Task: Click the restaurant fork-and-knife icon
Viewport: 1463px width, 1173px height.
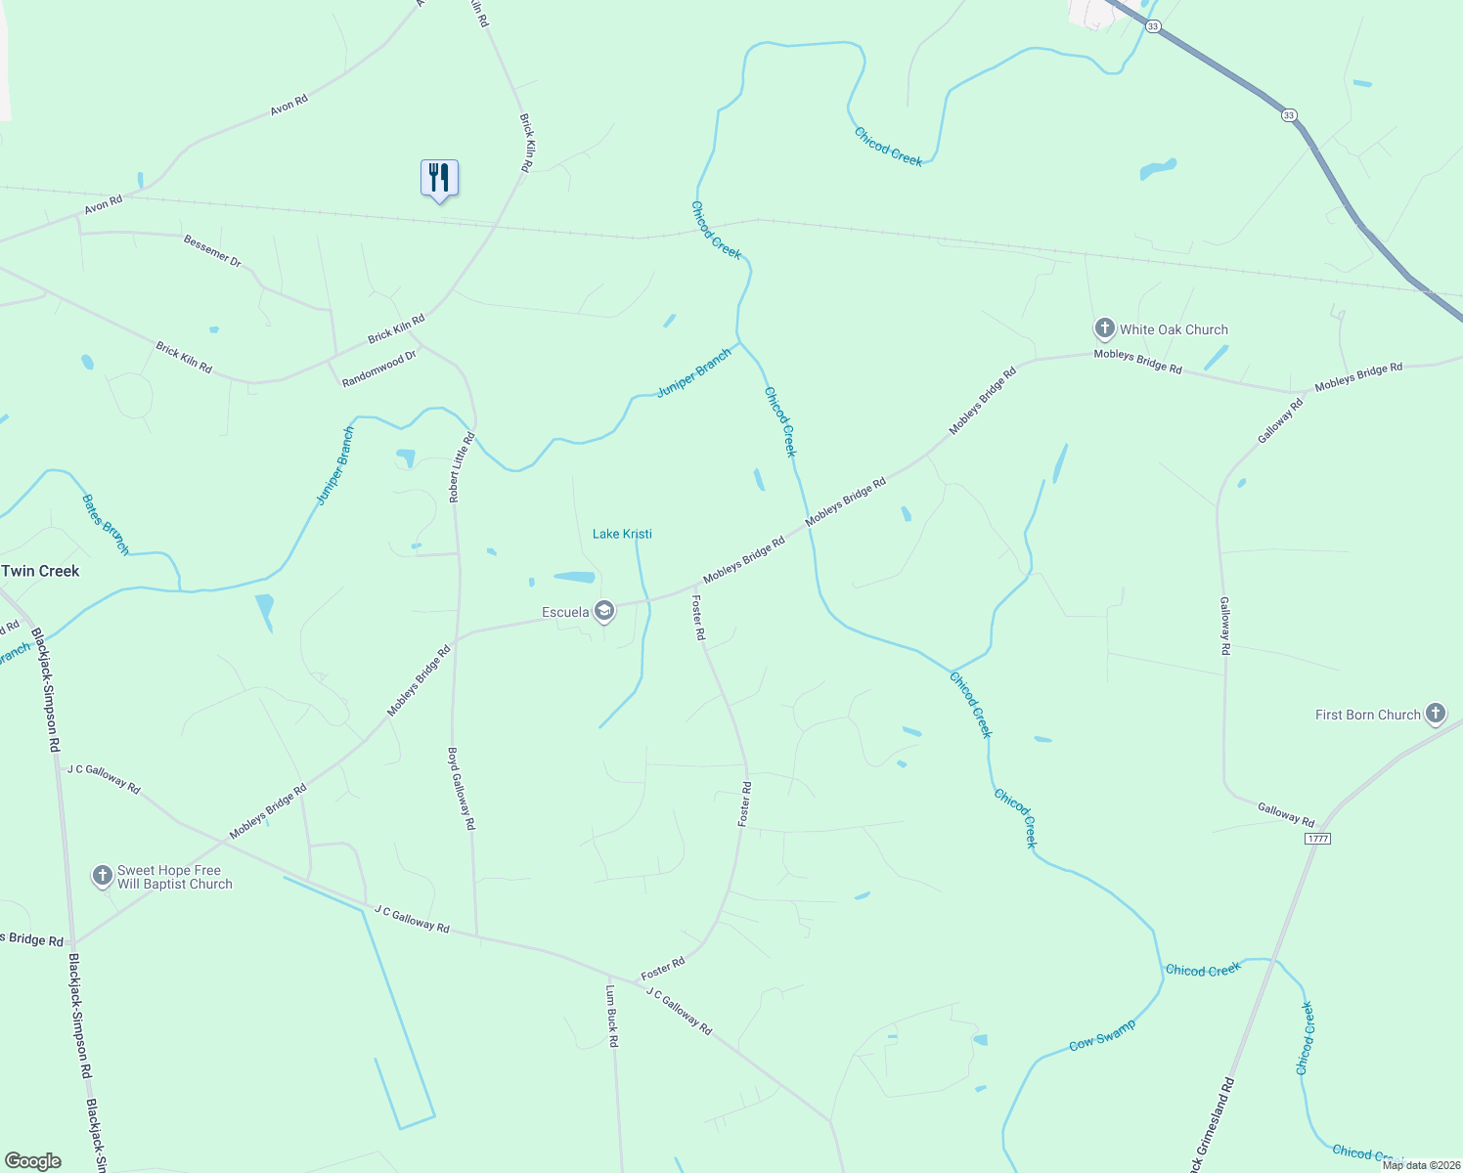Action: (x=439, y=178)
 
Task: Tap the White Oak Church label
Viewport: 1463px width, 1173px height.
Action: (x=1174, y=330)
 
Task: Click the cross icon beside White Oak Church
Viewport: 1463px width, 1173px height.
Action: (x=1104, y=328)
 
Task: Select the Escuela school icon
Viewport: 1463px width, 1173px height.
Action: (x=604, y=612)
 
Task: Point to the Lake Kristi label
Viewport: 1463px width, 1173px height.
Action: (x=622, y=534)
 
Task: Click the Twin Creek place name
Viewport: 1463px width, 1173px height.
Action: (x=40, y=571)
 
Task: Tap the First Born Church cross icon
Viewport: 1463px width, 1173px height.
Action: (x=1435, y=714)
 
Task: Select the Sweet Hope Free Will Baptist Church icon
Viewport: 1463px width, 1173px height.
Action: (x=103, y=876)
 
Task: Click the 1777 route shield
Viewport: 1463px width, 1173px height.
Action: (x=1317, y=839)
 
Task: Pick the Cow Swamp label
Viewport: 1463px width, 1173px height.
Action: (x=1102, y=1035)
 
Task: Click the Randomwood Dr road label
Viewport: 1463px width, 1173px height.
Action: (x=379, y=369)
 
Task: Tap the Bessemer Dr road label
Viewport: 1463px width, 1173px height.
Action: (x=212, y=250)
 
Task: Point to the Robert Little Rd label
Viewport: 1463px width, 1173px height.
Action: (x=461, y=467)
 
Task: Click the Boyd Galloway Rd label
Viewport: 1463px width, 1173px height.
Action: (x=462, y=789)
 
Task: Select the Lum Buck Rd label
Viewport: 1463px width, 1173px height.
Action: (x=611, y=1016)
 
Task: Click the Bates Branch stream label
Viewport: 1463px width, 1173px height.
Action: (x=106, y=525)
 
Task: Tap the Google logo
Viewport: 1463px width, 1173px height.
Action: (x=32, y=1161)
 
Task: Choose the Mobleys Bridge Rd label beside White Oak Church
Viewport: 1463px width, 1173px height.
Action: (x=1137, y=362)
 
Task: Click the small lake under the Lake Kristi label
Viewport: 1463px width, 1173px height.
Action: (x=574, y=577)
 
